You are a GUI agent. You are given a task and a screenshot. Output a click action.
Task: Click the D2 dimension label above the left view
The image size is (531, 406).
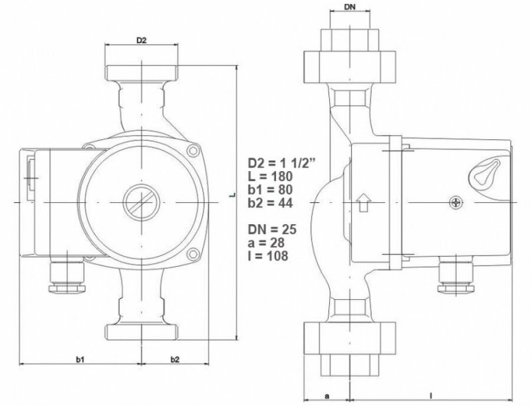(141, 40)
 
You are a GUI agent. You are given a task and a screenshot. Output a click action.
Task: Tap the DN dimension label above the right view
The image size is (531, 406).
(350, 6)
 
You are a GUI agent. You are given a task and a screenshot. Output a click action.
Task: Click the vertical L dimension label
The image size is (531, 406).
(232, 195)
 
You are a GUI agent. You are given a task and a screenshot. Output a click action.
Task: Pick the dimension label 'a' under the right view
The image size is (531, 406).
(327, 396)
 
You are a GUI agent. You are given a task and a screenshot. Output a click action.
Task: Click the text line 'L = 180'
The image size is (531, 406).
(270, 176)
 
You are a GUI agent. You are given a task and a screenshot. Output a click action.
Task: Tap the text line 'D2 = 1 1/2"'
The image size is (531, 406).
(282, 163)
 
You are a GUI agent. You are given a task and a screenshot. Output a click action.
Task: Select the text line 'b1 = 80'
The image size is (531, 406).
(270, 189)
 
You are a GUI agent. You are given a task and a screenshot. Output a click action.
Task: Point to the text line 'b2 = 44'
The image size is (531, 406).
(270, 202)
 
